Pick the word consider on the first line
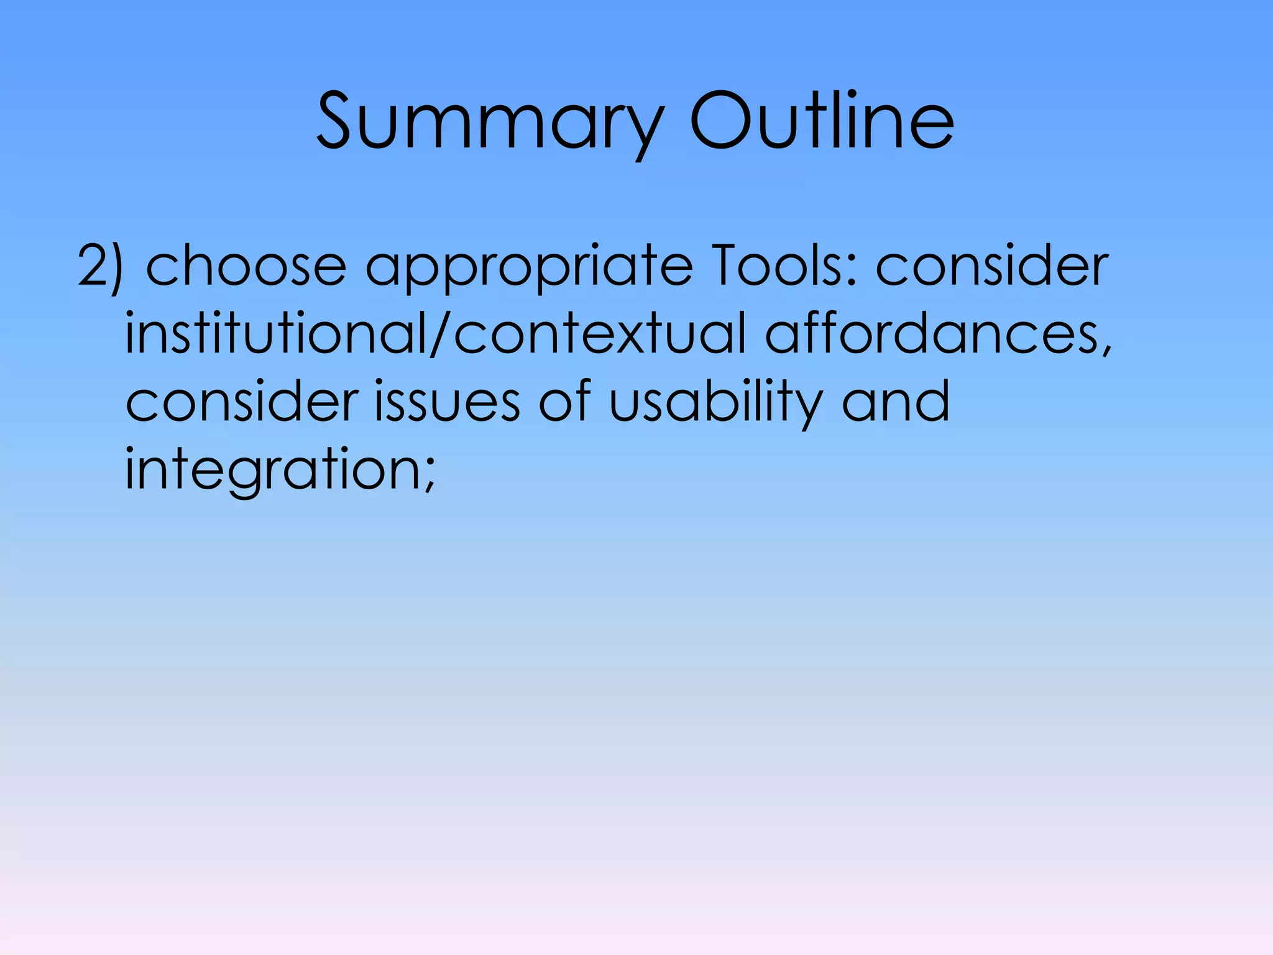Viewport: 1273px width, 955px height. [992, 266]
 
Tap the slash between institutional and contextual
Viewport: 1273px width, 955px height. [439, 334]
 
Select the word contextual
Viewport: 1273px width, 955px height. [599, 334]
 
